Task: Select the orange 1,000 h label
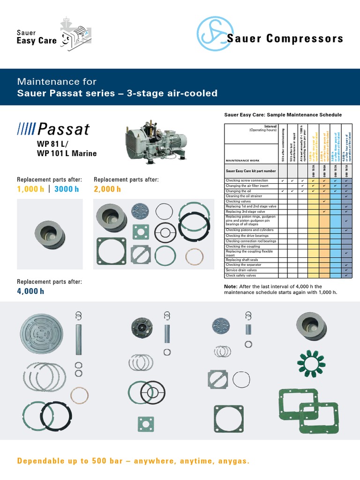coord(30,189)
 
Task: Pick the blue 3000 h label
coord(67,189)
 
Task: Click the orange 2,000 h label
coord(107,189)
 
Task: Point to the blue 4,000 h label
coord(30,291)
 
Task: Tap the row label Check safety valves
coord(241,276)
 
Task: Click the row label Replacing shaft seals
coord(242,260)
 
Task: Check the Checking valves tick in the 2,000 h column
coord(324,201)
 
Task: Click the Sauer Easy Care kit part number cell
coord(251,172)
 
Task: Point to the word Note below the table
coord(231,286)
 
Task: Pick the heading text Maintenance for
coord(57,82)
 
